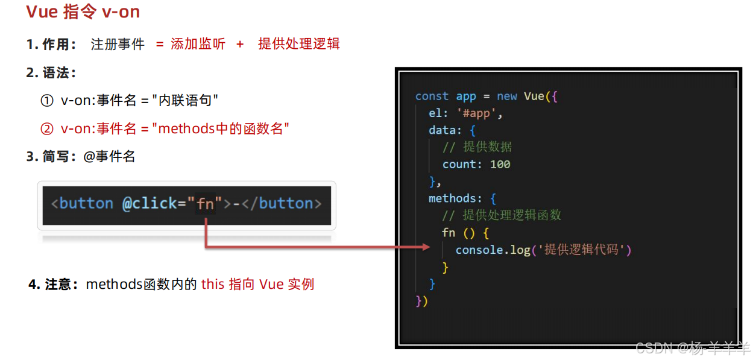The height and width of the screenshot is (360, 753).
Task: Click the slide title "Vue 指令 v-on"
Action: [83, 12]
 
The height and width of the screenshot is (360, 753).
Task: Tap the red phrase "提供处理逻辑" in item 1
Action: [298, 44]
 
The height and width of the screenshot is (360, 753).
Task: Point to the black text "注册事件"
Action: [118, 44]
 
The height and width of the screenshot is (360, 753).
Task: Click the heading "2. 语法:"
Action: [51, 72]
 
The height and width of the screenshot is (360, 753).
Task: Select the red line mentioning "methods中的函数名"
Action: [175, 128]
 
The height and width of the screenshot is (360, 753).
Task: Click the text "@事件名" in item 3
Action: [109, 157]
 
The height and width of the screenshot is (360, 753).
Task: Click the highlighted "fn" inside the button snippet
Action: [206, 204]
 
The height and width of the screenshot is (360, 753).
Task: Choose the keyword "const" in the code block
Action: [432, 96]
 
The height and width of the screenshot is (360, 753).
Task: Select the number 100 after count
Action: [500, 164]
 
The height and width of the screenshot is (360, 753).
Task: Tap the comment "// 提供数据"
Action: [477, 147]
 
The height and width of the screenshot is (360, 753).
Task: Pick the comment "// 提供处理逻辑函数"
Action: [502, 215]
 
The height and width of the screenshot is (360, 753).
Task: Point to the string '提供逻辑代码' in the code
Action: [581, 250]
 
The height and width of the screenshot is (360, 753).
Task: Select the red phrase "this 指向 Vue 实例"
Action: [257, 284]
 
